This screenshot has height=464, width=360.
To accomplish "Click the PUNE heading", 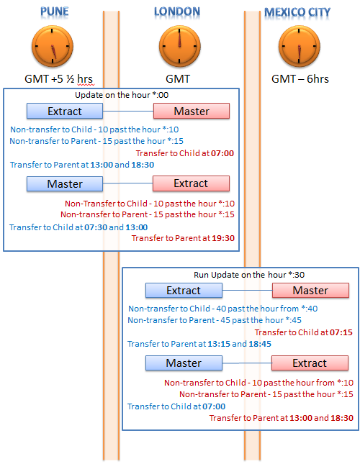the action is click(55, 12).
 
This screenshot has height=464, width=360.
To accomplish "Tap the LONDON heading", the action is click(177, 12).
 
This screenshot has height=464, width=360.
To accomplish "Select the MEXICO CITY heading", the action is click(297, 12).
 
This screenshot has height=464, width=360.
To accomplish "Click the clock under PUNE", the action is click(53, 46).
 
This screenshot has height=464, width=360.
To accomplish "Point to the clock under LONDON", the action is click(180, 46).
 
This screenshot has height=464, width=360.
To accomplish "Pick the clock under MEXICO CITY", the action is click(300, 46).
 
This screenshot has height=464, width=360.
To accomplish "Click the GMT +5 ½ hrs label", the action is click(58, 79).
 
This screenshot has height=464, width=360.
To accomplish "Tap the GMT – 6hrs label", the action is click(300, 79).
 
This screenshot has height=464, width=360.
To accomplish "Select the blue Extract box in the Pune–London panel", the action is click(65, 111).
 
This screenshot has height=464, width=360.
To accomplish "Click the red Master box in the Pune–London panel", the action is click(192, 111).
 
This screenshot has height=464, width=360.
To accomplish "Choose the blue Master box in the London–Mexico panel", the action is click(184, 363).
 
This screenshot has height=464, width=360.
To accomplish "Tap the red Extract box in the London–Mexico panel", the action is click(310, 363).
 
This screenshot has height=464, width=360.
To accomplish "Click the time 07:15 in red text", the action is click(341, 332).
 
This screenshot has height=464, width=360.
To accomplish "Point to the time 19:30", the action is click(223, 238).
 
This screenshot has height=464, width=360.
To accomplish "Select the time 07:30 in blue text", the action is click(96, 227).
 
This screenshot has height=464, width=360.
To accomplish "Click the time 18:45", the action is click(260, 344).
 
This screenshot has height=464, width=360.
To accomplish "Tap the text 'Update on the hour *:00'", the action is click(122, 95).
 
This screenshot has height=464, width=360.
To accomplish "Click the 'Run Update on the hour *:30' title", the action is click(249, 275).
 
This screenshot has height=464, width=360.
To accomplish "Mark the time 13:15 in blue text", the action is click(219, 344).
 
